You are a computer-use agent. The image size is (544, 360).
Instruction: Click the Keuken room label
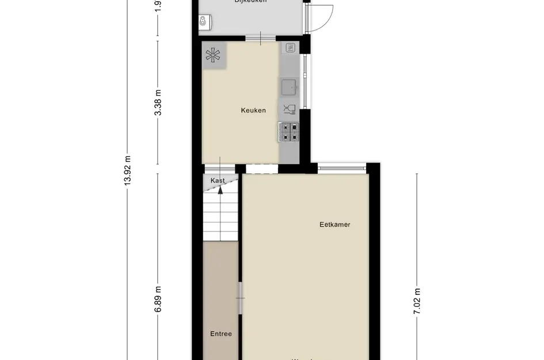pos(253,110)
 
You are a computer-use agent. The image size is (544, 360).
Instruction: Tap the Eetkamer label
pos(335,225)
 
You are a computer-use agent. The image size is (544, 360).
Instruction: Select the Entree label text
pos(220,334)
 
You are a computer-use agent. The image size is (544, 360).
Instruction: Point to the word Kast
pos(218,180)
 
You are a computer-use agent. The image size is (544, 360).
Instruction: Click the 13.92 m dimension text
pos(127,170)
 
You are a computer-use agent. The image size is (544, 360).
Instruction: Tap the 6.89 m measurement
pos(158,301)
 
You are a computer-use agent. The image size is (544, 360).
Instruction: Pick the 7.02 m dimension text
pos(417,300)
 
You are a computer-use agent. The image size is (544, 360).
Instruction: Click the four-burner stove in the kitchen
pos(290,132)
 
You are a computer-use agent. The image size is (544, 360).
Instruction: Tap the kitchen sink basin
pos(289,88)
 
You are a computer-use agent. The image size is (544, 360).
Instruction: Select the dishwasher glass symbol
pos(289,108)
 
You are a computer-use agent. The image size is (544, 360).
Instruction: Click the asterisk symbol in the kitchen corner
pos(214,56)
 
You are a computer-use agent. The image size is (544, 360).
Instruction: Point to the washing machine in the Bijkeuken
pos(204,22)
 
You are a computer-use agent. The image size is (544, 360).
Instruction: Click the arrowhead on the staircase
pos(220,190)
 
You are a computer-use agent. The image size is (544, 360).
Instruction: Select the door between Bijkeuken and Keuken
pos(260,39)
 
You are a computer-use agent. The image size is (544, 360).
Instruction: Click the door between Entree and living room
pos(240,298)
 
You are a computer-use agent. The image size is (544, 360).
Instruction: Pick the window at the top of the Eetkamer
pos(342,168)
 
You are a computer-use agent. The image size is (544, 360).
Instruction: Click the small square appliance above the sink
pos(290,47)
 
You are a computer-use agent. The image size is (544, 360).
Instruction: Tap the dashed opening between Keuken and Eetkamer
pos(262,168)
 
